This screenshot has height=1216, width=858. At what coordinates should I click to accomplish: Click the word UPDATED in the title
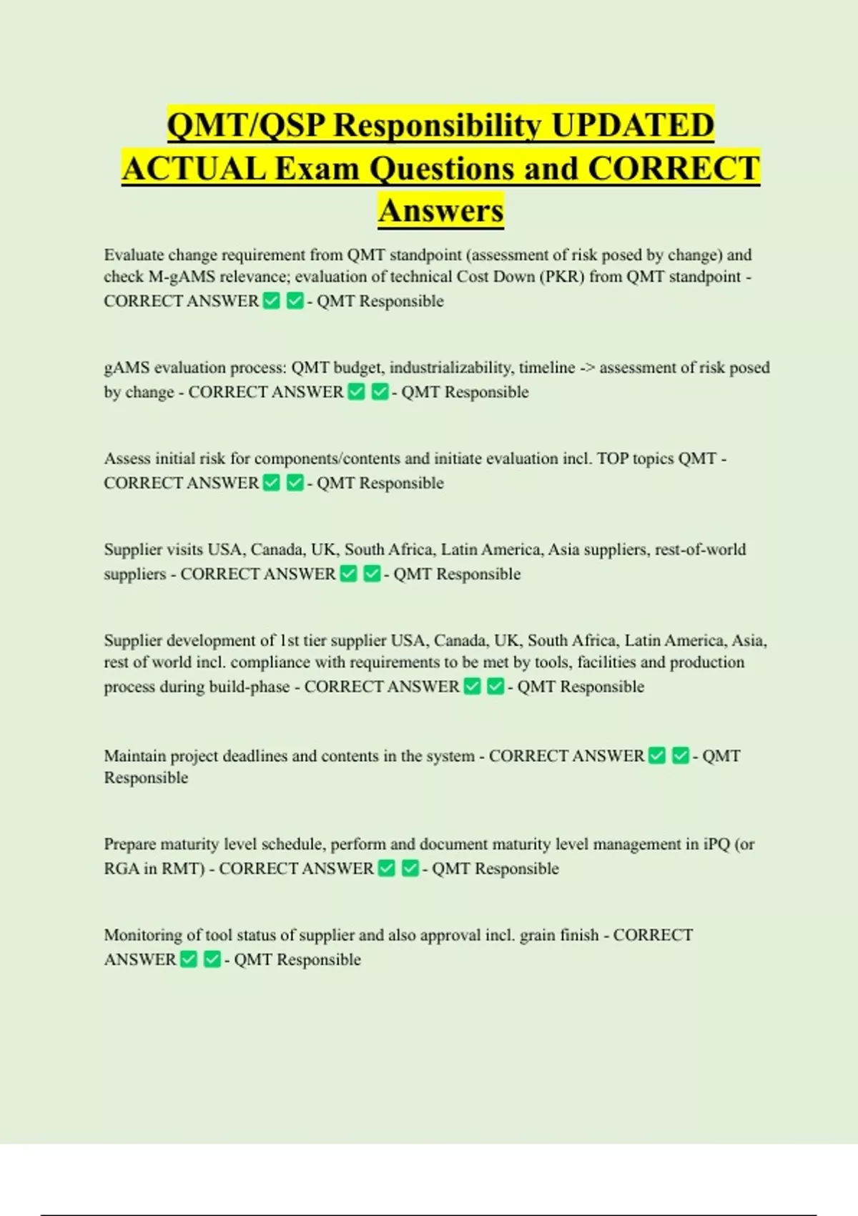633,125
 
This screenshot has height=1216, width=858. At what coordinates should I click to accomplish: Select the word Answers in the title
441,211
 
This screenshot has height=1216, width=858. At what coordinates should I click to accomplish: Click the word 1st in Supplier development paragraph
289,640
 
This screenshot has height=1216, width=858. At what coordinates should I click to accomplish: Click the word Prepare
129,844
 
